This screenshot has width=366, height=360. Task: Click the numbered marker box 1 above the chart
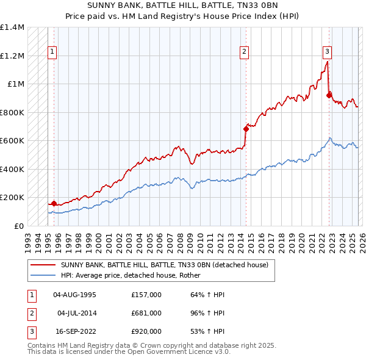(52, 52)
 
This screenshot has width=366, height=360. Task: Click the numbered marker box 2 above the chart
(244, 52)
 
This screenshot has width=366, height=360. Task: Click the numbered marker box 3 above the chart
(327, 52)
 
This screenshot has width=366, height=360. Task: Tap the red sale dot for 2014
(246, 129)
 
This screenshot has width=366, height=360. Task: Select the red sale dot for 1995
(54, 203)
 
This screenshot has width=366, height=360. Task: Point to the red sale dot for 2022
(329, 95)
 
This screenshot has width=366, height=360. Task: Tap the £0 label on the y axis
(18, 226)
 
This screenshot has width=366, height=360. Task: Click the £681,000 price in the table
(146, 313)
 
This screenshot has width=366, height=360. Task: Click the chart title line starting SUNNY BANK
(183, 5)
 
